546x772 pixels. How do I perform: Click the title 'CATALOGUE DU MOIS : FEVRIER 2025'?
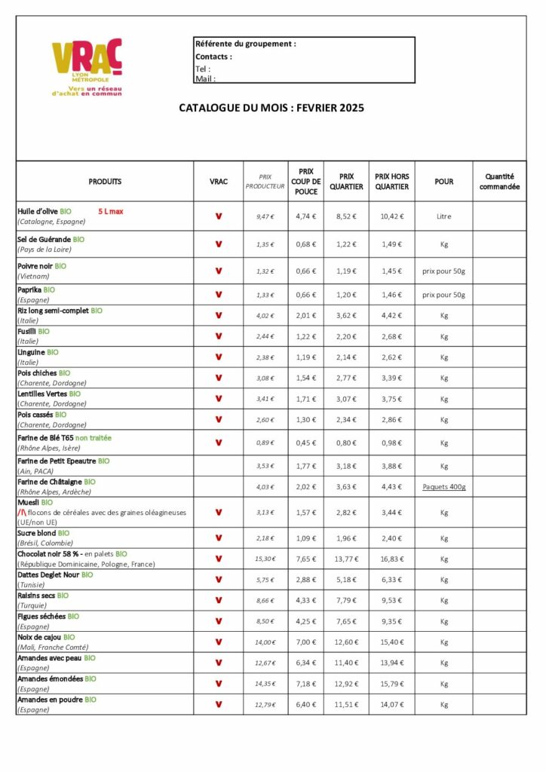(271, 108)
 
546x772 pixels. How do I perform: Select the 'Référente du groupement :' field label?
(245, 44)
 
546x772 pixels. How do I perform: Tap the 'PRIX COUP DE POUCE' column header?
(305, 181)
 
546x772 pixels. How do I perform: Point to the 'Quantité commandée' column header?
(499, 181)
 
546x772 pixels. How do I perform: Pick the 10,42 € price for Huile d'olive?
(391, 216)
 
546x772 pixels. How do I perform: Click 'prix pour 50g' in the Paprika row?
(443, 295)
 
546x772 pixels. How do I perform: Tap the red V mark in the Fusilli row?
(218, 336)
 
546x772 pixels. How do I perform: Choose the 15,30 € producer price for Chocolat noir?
(265, 559)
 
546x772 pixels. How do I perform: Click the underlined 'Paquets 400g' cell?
(443, 487)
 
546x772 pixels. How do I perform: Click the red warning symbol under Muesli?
(22, 512)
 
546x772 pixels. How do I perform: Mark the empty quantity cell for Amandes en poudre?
(499, 704)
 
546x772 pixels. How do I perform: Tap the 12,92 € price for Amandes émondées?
(346, 684)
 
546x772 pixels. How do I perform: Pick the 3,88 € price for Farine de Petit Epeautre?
(391, 466)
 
